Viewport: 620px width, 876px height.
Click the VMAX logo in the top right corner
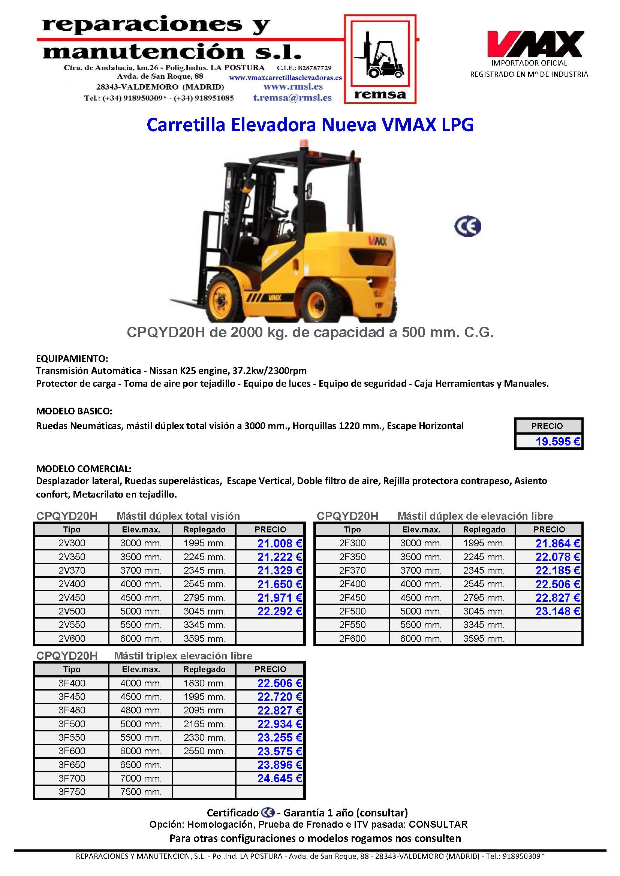[x=534, y=44]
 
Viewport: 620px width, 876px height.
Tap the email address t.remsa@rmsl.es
[x=292, y=98]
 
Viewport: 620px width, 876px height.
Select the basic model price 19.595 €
[x=557, y=441]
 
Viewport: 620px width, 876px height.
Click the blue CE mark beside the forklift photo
[x=468, y=226]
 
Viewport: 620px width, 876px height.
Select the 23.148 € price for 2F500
[x=557, y=611]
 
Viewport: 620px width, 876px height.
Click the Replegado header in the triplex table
[x=204, y=669]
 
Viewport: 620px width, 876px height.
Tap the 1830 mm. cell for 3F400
[x=204, y=683]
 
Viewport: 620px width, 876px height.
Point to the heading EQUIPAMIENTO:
[x=72, y=359]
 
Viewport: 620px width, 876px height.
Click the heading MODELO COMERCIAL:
[x=84, y=468]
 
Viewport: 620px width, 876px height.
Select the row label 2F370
[x=352, y=570]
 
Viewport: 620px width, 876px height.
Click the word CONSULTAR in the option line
[x=438, y=825]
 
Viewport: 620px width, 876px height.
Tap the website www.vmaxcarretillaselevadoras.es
[x=285, y=78]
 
